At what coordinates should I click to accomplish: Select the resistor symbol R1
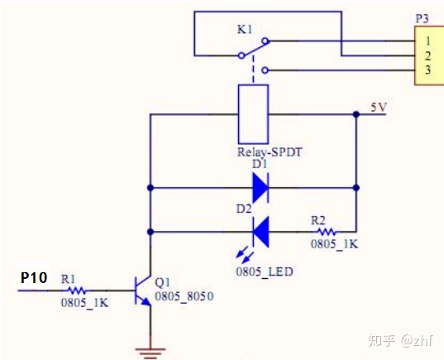click(76, 290)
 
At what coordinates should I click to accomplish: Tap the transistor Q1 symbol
click(143, 291)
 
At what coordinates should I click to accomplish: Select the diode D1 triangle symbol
click(260, 188)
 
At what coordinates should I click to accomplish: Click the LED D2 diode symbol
click(260, 231)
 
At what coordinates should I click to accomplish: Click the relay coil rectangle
click(251, 116)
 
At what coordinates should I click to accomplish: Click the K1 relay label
click(245, 29)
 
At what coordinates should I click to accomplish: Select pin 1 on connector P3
click(427, 40)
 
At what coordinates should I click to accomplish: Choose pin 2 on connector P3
click(427, 55)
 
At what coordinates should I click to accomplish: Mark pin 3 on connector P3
click(427, 70)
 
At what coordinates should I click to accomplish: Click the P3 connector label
click(422, 17)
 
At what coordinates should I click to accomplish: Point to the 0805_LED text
click(265, 271)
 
